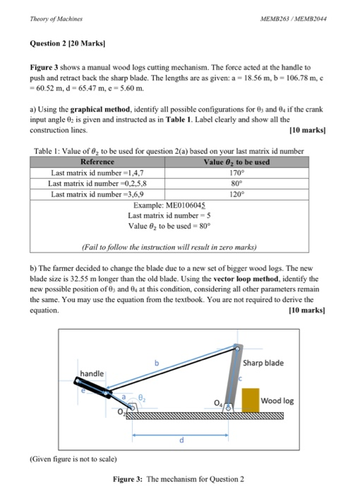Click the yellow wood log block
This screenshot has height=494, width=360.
pyautogui.click(x=251, y=400)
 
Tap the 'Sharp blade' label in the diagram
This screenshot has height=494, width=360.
pyautogui.click(x=263, y=363)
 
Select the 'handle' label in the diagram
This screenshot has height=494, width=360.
pyautogui.click(x=92, y=373)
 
